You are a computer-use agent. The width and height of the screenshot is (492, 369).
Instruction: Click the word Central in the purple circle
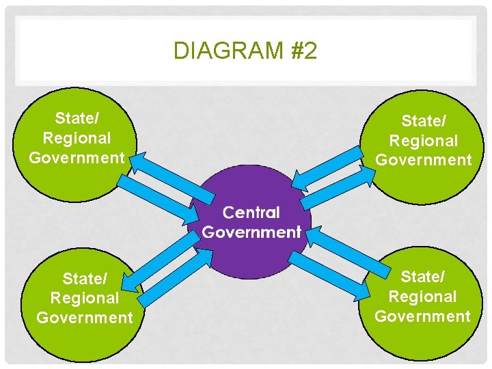click(x=251, y=213)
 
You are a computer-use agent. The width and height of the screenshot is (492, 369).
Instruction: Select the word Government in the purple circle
click(x=251, y=232)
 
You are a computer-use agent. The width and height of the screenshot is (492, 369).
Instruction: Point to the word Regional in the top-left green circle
click(x=77, y=137)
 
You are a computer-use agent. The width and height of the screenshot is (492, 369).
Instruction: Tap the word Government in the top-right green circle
click(x=424, y=160)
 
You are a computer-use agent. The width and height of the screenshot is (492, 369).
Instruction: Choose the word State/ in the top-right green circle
click(x=424, y=121)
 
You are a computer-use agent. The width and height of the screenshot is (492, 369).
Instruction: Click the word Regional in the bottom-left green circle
click(x=85, y=298)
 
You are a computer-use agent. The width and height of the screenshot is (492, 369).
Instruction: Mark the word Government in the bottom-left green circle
click(x=85, y=317)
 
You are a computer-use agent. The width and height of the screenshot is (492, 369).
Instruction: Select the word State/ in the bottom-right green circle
click(x=423, y=277)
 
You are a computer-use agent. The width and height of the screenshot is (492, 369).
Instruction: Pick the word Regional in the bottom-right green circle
click(x=422, y=297)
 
